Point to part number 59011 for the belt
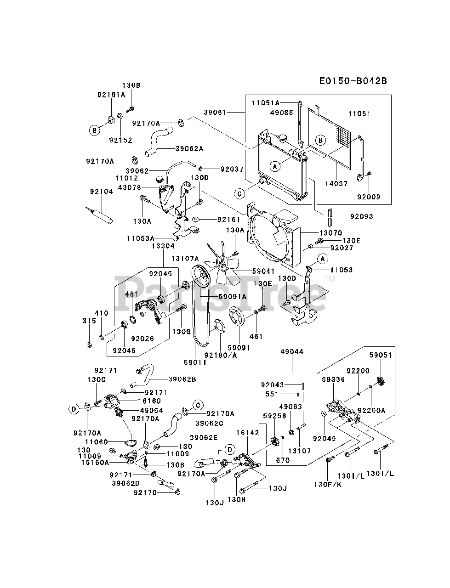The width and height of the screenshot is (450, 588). click(x=195, y=362)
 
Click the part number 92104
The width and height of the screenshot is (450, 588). click(x=101, y=192)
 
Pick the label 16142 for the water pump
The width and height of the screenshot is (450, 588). click(x=248, y=433)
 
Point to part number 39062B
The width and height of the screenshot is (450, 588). click(x=182, y=379)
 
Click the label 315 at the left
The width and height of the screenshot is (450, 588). click(x=89, y=320)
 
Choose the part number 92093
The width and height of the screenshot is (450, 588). click(x=361, y=216)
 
